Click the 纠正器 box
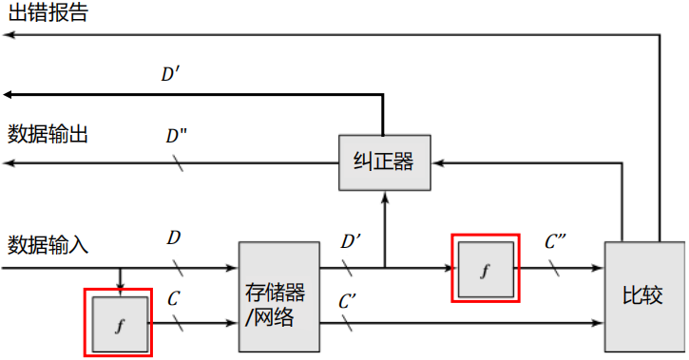click(383, 161)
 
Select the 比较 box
click(643, 297)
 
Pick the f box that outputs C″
click(486, 270)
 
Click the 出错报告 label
click(47, 13)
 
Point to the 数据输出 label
click(48, 134)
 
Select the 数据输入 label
click(48, 244)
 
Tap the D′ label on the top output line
click(171, 73)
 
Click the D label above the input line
click(174, 237)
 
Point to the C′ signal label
click(348, 302)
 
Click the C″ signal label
click(556, 241)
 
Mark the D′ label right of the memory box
click(351, 241)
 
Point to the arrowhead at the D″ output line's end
click(8, 162)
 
